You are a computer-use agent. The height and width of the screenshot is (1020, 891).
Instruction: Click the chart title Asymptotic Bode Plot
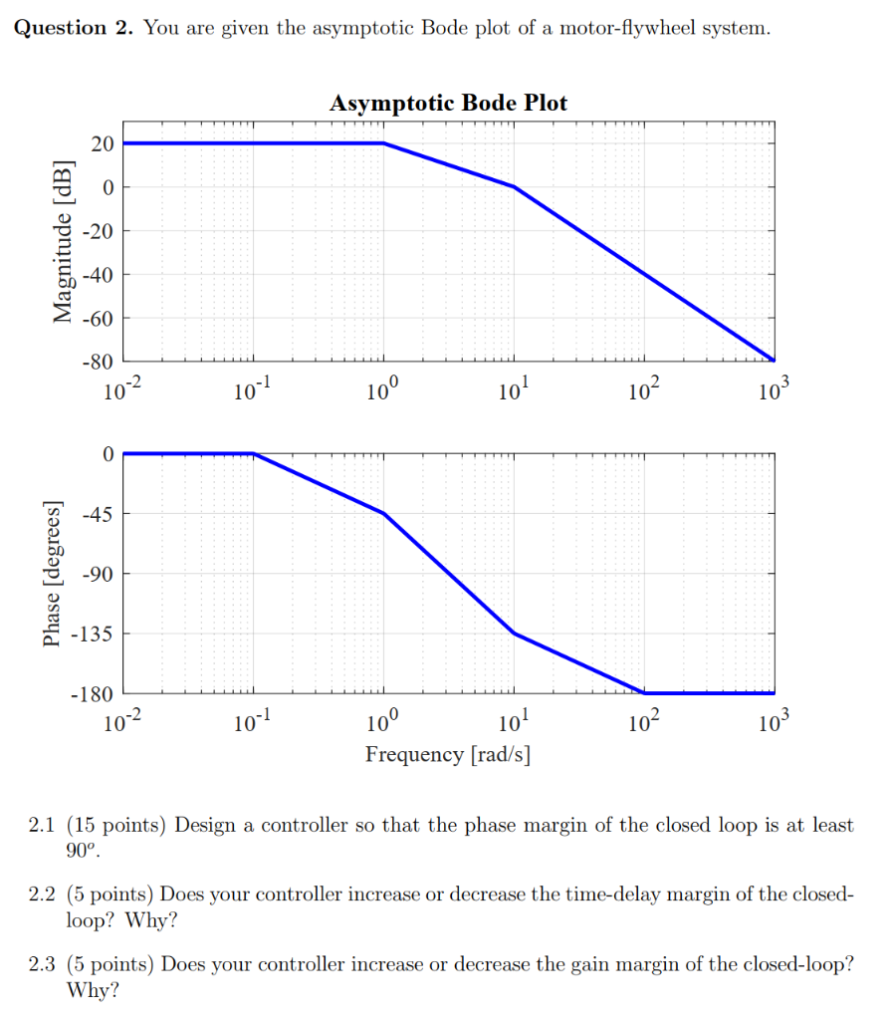(x=448, y=104)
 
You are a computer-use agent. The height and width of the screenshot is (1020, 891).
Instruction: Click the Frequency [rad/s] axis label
(x=448, y=754)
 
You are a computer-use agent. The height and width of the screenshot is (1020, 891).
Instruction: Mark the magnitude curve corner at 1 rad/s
(x=384, y=143)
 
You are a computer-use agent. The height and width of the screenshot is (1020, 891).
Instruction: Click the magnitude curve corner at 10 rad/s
(x=515, y=187)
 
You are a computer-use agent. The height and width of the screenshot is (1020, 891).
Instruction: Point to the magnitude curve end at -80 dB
(x=773, y=360)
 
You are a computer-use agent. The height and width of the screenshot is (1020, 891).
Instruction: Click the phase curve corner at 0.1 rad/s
(x=254, y=454)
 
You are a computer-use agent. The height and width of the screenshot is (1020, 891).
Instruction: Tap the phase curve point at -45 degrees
(x=384, y=514)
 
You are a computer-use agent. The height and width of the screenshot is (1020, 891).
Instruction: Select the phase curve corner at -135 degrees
(x=515, y=633)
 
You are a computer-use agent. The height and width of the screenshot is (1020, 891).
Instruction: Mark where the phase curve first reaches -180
(x=644, y=692)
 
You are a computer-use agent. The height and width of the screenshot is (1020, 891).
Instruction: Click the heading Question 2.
(x=74, y=28)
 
